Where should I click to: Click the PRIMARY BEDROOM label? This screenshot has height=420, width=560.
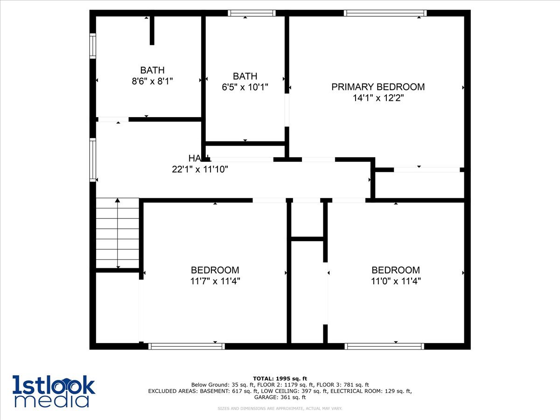tap(378, 87)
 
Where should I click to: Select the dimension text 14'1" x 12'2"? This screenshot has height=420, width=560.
tap(378, 98)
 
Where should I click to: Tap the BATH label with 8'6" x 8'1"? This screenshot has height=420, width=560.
tap(153, 70)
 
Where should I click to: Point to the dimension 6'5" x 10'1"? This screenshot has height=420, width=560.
tap(245, 87)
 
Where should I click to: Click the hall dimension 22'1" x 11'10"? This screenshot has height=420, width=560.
tap(200, 169)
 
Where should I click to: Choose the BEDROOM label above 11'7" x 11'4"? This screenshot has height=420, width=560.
tap(215, 270)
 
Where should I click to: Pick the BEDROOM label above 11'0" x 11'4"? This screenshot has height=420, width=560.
tap(395, 270)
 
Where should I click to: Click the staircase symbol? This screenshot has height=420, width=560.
tap(118, 233)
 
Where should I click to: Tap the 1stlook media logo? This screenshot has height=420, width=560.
tap(54, 391)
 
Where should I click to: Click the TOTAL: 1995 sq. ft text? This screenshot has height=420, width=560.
tap(280, 378)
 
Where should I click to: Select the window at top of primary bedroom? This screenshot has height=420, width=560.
tap(385, 13)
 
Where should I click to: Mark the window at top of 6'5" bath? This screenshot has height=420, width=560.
tap(252, 13)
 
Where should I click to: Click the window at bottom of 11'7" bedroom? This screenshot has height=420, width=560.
tap(187, 346)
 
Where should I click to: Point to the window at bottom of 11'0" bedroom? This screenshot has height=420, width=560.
tap(385, 346)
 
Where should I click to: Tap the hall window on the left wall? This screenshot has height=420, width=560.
tap(92, 160)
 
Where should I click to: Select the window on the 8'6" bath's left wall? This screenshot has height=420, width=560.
tap(92, 46)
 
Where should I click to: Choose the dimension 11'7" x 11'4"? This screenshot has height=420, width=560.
tap(215, 281)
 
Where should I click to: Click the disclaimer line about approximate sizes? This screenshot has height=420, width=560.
tap(280, 408)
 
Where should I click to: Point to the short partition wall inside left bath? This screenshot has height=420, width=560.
tap(152, 30)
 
